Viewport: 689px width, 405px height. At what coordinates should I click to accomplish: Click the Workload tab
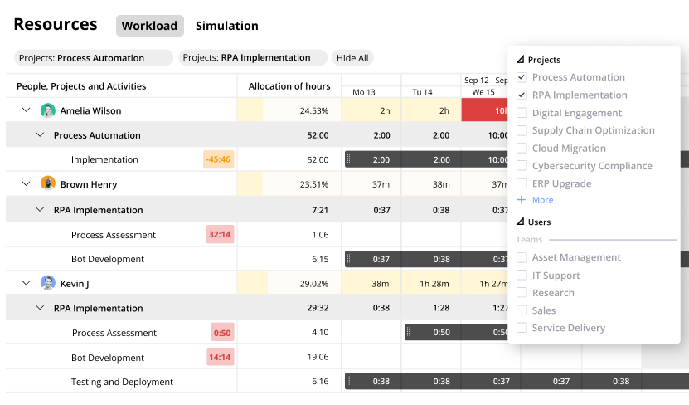[x=149, y=26]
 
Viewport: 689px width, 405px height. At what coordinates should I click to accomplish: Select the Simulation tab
[x=226, y=26]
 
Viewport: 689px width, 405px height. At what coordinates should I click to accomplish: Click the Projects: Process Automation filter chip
[x=93, y=58]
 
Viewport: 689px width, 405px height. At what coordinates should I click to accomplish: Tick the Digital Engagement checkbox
[x=522, y=113]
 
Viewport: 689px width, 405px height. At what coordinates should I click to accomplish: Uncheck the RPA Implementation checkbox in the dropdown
[x=522, y=95]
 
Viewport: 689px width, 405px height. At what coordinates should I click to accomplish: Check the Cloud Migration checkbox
[x=522, y=149]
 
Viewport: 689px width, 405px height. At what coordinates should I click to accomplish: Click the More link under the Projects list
[x=541, y=200]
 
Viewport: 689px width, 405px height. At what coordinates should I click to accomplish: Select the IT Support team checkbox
[x=522, y=276]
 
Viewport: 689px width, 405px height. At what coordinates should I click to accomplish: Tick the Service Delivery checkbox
[x=522, y=328]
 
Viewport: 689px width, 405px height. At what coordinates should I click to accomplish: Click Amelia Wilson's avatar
[x=48, y=110]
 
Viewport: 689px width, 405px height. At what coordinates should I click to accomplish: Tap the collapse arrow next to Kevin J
[x=26, y=284]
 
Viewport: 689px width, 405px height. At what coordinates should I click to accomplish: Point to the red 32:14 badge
[x=220, y=235]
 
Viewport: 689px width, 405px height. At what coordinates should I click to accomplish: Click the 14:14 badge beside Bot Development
[x=221, y=358]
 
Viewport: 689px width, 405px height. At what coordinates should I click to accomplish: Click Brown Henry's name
[x=89, y=184]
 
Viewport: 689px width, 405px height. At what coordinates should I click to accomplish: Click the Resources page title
[x=56, y=25]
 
